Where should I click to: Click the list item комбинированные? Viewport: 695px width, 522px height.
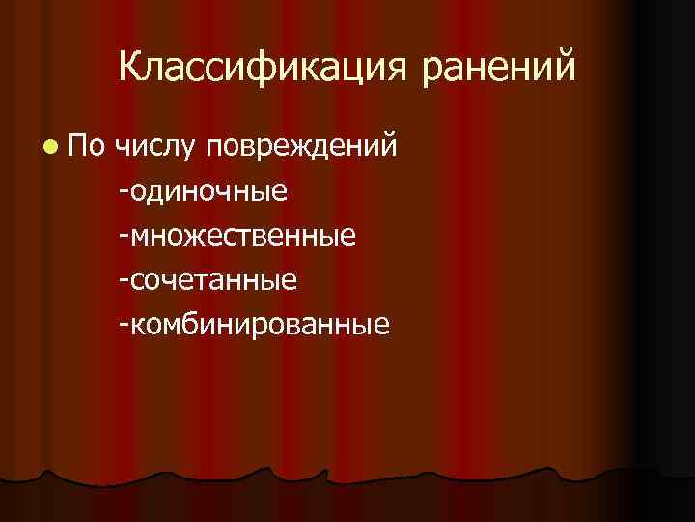click(259, 323)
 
